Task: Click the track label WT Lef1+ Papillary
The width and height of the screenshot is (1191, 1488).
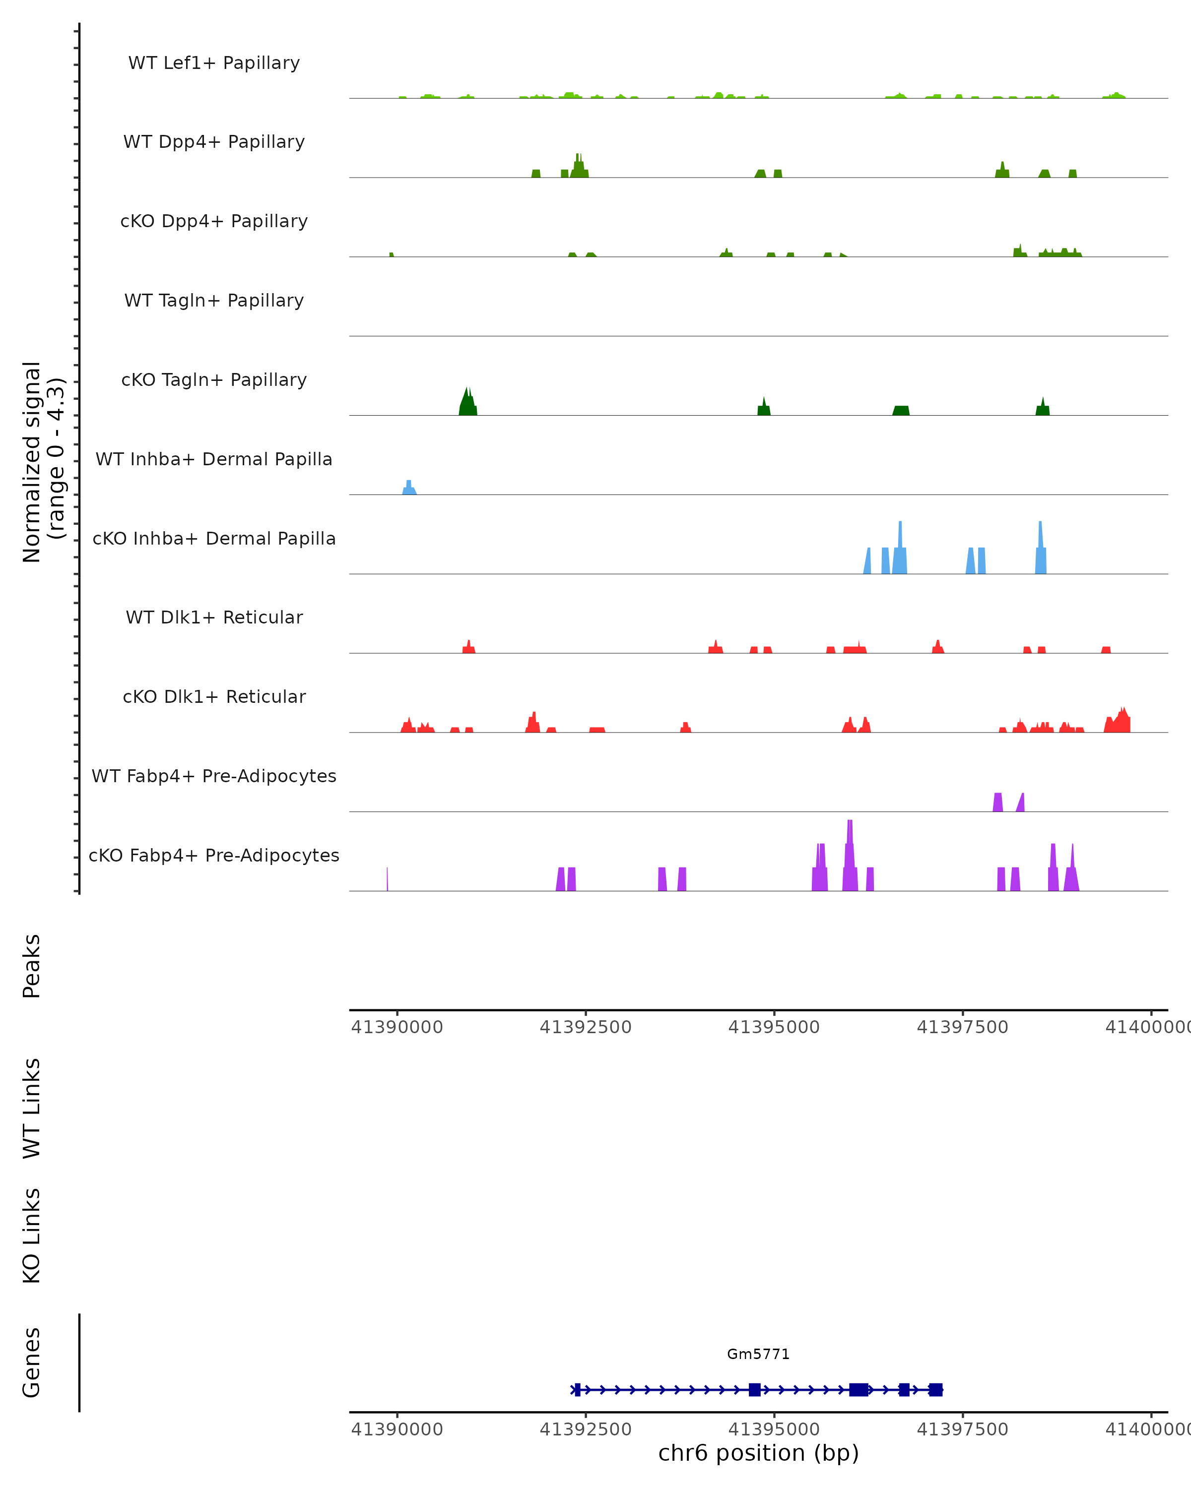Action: (x=214, y=63)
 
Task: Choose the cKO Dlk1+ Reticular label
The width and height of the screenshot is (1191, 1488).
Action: (x=214, y=696)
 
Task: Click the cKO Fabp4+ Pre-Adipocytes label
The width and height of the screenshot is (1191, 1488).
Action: (x=214, y=855)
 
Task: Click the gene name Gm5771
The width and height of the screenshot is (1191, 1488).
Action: (x=758, y=1354)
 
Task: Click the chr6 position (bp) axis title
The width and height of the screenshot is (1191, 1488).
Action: (x=758, y=1453)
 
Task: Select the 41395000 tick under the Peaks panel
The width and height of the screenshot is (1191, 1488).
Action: (x=774, y=1027)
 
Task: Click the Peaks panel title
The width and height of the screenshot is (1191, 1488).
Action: (x=32, y=966)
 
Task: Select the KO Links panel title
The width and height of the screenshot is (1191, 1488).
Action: (x=32, y=1236)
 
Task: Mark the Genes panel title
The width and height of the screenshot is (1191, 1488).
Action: (x=32, y=1363)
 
